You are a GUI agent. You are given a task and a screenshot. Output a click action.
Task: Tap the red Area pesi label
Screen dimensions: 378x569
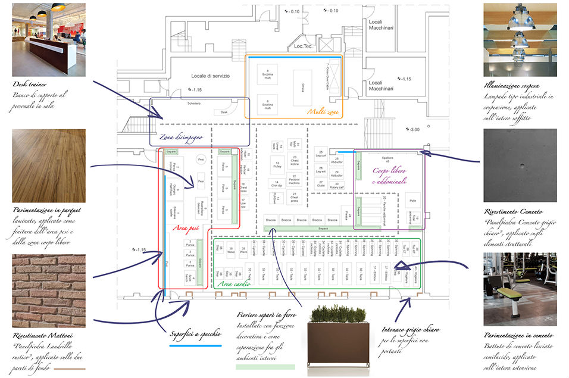pyautogui.click(x=185, y=227)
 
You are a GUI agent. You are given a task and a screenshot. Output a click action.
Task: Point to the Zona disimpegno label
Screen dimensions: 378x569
pyautogui.click(x=183, y=136)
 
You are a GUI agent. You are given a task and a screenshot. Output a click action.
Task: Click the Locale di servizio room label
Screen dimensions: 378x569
pyautogui.click(x=210, y=76)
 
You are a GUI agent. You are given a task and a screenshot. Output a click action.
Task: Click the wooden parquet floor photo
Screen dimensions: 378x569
pyautogui.click(x=48, y=165)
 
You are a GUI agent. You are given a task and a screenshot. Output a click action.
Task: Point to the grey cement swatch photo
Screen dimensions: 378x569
pyautogui.click(x=520, y=165)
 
